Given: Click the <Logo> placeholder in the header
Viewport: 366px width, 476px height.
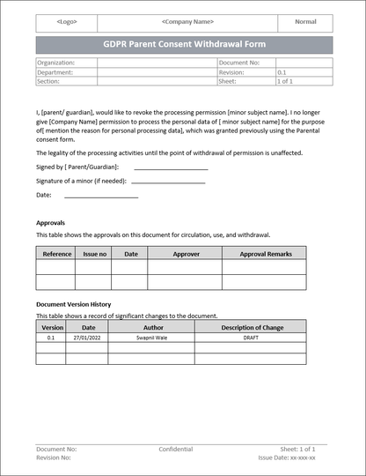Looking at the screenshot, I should pyautogui.click(x=66, y=22).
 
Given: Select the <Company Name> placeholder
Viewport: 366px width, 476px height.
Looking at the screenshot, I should pyautogui.click(x=187, y=22).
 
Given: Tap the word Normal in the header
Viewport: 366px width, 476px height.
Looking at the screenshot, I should pyautogui.click(x=305, y=22).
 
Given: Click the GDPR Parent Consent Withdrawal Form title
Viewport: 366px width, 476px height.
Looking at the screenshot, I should pyautogui.click(x=184, y=44).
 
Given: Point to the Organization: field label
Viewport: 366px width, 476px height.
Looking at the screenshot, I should pyautogui.click(x=56, y=63).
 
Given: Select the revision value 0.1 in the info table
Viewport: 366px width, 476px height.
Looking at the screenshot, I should pyautogui.click(x=282, y=72).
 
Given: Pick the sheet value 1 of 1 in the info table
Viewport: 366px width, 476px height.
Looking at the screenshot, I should pyautogui.click(x=285, y=81).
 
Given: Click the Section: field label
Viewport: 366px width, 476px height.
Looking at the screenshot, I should pyautogui.click(x=49, y=81).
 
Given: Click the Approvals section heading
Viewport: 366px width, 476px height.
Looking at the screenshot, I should pyautogui.click(x=50, y=223).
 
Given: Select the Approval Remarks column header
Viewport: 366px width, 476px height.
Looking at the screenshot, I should pyautogui.click(x=266, y=254).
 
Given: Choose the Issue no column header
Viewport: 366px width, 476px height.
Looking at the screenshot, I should pyautogui.click(x=94, y=254).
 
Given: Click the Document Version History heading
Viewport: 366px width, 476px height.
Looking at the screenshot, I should pyautogui.click(x=73, y=304).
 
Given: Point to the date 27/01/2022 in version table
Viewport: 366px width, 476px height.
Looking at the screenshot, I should pyautogui.click(x=88, y=337).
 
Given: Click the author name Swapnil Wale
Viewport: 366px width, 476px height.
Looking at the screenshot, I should pyautogui.click(x=153, y=337).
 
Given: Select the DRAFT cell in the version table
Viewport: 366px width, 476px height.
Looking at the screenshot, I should pyautogui.click(x=251, y=337).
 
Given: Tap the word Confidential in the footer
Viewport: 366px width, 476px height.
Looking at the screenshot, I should pyautogui.click(x=176, y=449).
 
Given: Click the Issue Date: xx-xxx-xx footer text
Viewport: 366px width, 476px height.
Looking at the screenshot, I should pyautogui.click(x=287, y=458).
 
